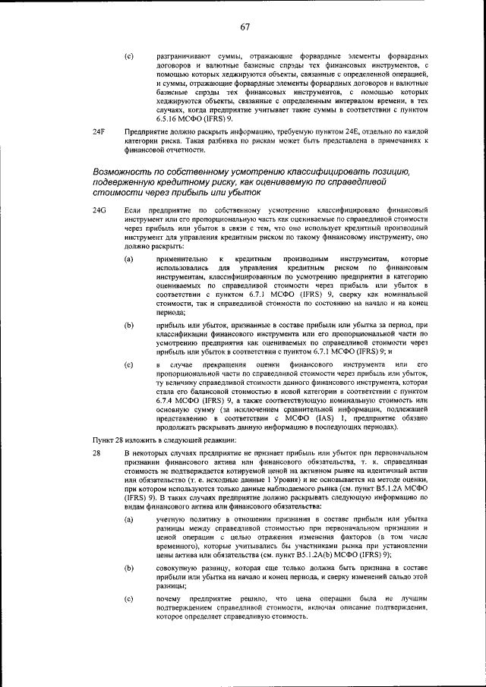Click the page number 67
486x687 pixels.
[245, 28]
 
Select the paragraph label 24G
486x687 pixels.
[99, 208]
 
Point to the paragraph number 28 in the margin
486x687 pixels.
[96, 453]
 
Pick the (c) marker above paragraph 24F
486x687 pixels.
[129, 57]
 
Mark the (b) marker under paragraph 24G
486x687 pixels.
[129, 325]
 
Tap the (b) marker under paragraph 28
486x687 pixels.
[129, 567]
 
